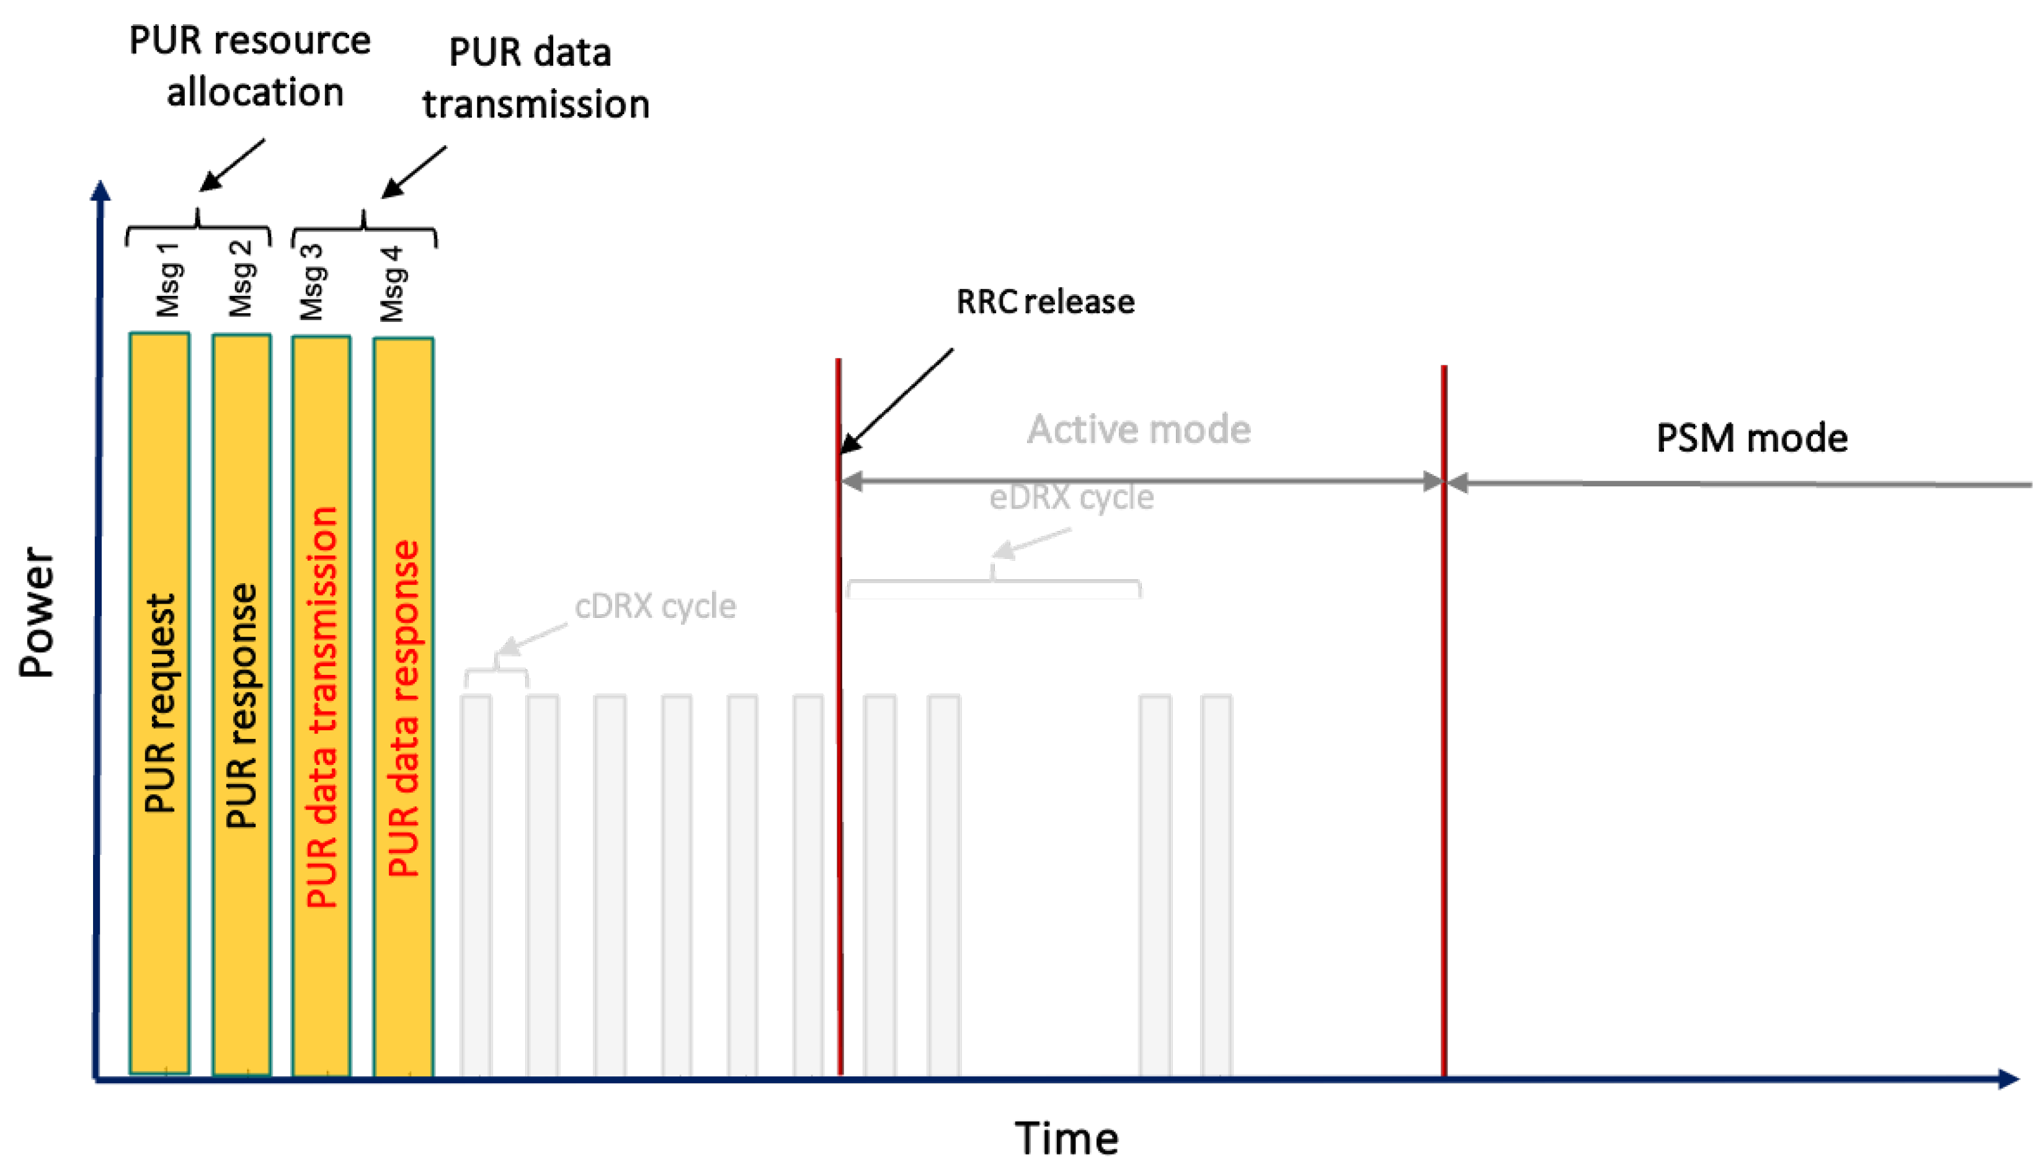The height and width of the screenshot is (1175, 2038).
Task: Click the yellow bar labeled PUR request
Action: (x=160, y=702)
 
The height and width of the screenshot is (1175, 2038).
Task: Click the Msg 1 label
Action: (x=168, y=279)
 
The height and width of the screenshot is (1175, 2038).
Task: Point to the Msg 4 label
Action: (x=392, y=284)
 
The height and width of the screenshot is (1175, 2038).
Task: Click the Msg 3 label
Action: (x=311, y=282)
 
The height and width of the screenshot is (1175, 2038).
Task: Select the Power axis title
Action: (x=37, y=611)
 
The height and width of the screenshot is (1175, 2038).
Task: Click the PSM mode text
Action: (x=1751, y=438)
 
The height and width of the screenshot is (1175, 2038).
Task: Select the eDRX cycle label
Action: (x=1072, y=497)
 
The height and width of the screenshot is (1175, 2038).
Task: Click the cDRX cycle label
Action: (x=655, y=606)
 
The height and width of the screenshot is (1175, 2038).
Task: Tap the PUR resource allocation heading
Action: (x=250, y=66)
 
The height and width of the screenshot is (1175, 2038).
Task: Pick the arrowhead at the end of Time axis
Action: (x=2009, y=1079)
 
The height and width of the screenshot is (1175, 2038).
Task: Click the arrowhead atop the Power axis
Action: (x=100, y=190)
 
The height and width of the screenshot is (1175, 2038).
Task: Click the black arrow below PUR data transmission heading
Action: (x=413, y=172)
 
